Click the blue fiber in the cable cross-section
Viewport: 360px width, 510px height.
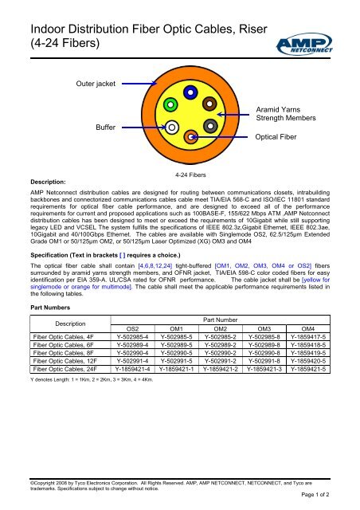tap(190, 94)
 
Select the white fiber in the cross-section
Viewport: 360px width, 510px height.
tap(171, 126)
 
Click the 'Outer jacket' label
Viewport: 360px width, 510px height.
tap(96, 82)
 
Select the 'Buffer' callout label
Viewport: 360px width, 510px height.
tap(106, 127)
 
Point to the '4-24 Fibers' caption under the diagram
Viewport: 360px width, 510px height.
tap(190, 173)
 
